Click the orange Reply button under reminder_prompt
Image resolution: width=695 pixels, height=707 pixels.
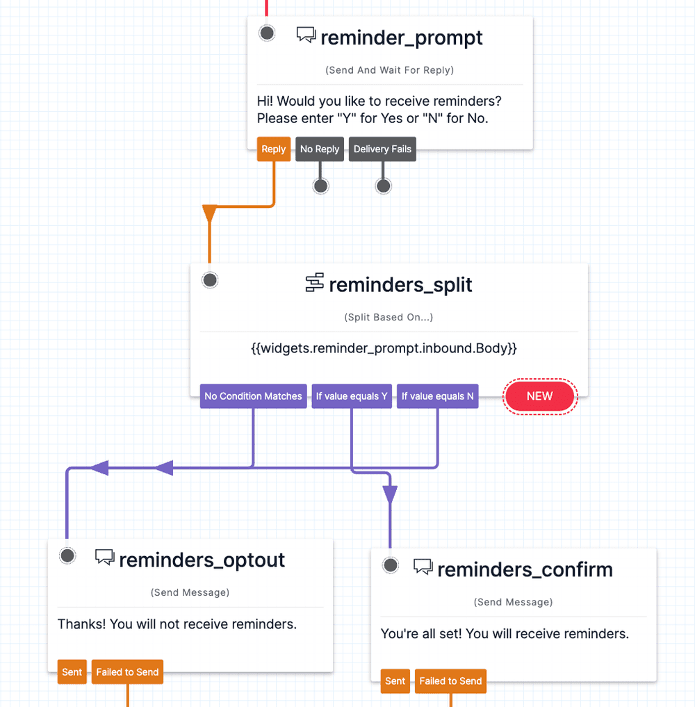[x=273, y=149]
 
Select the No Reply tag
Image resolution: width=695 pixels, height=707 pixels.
[x=320, y=149]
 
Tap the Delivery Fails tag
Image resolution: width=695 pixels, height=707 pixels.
[x=382, y=149]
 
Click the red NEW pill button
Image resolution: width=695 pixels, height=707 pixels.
[x=540, y=396]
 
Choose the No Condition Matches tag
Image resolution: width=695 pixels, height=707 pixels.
[x=253, y=396]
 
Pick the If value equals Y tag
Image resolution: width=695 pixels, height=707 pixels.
[x=352, y=396]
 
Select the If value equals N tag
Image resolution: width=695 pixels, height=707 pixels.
[x=437, y=396]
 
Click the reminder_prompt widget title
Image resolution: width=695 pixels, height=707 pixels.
[x=401, y=38]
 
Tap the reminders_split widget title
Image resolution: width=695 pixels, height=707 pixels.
[x=400, y=284]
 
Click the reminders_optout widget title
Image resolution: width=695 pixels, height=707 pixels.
[x=202, y=560]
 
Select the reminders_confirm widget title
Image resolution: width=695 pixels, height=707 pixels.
[x=525, y=569]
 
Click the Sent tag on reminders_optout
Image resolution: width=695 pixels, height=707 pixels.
[x=72, y=672]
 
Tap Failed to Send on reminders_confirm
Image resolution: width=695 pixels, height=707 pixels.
[x=450, y=681]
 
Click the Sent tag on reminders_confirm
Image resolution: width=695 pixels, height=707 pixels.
[x=395, y=681]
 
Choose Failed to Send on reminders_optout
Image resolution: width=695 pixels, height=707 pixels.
[x=127, y=672]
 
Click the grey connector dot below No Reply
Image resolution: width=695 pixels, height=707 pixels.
[x=320, y=186]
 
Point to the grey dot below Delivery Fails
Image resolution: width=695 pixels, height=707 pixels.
[x=383, y=186]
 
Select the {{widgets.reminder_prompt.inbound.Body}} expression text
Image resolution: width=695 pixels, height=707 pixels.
[x=384, y=348]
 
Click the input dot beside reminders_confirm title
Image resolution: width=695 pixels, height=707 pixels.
[x=391, y=565]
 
